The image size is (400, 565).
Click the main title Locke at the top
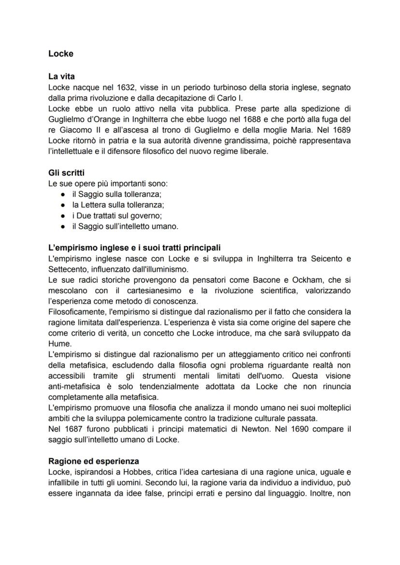61,54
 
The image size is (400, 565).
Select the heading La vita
61,76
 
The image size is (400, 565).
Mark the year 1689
341,130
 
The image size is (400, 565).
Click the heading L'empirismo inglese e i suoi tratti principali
134,248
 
